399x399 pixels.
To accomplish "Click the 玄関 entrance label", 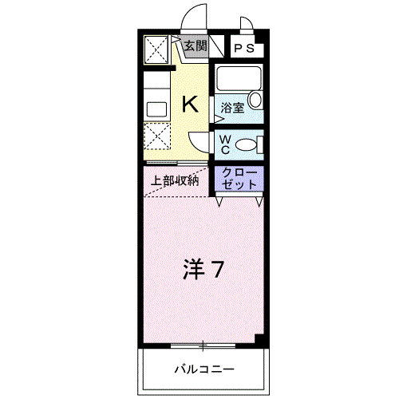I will tap(195, 45).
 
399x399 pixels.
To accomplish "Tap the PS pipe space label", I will tap(245, 49).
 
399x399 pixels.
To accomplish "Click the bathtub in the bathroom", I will tap(237, 80).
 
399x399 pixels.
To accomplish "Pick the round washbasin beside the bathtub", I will tap(255, 100).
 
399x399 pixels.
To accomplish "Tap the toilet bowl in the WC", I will tap(248, 144).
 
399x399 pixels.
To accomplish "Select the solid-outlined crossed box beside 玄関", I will tap(156, 50).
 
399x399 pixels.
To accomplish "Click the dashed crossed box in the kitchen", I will tap(156, 137).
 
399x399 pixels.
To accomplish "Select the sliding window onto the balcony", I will tap(203, 346).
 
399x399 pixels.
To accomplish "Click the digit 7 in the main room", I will tap(216, 270).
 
